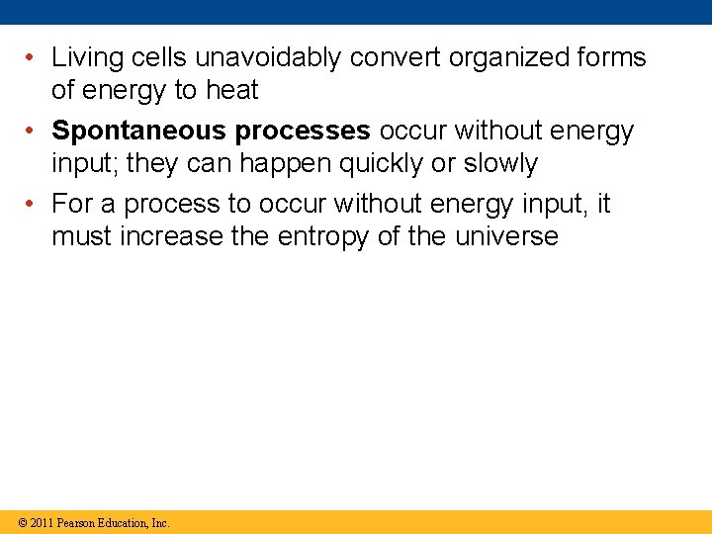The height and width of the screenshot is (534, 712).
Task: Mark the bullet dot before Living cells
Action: coord(33,58)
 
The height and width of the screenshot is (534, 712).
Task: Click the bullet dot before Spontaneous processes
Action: coord(33,132)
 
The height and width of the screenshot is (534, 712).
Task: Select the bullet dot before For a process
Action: coord(33,205)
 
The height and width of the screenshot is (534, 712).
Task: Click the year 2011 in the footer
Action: coord(41,522)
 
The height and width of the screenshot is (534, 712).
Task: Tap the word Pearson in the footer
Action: coord(77,522)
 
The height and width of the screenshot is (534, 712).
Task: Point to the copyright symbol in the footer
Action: coord(20,522)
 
